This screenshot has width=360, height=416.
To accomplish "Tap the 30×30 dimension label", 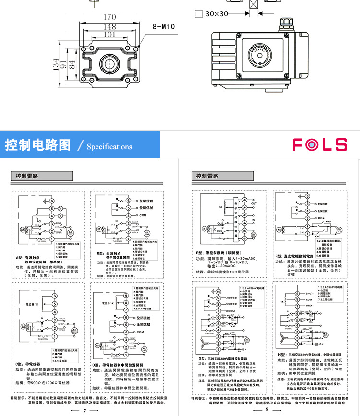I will [x=216, y=14].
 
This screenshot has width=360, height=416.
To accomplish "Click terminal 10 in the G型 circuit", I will [x=219, y=291].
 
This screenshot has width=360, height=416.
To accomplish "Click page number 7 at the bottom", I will [x=84, y=410].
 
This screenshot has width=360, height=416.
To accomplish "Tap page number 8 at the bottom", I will [x=267, y=410].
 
